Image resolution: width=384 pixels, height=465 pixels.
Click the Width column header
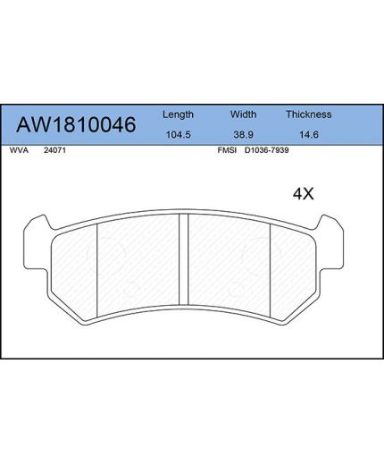pos(244,114)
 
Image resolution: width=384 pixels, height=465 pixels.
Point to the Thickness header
pos(308,114)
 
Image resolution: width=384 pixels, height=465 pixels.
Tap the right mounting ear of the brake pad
pos(337,230)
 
